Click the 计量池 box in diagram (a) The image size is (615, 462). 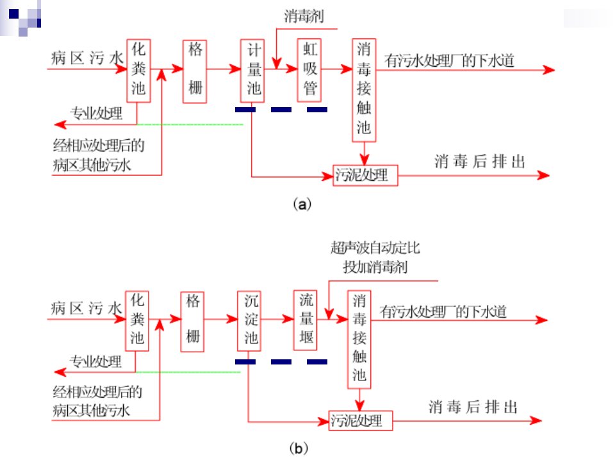(x=252, y=71)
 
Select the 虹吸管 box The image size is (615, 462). (x=309, y=71)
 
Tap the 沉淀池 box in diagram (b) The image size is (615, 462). (x=249, y=321)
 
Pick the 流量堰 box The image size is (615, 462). (x=306, y=320)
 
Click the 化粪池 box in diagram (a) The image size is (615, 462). (x=138, y=71)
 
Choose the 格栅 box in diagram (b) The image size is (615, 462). (x=192, y=321)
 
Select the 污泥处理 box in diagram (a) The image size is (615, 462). (x=365, y=175)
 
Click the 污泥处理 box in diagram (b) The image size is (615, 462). (x=361, y=421)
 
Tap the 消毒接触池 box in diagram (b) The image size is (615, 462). (x=359, y=340)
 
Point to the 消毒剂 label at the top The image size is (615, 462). (x=304, y=17)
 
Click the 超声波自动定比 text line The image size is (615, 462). (x=375, y=248)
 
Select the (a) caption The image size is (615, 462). (x=302, y=204)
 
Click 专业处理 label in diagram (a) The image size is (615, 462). (x=97, y=113)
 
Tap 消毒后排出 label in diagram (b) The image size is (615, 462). (x=473, y=407)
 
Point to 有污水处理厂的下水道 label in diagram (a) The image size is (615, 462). (x=450, y=60)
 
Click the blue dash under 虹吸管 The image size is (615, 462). (x=317, y=110)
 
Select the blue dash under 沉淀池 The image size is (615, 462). (x=245, y=362)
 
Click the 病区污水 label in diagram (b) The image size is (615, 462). (x=86, y=309)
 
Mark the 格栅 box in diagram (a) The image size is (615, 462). (x=195, y=71)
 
